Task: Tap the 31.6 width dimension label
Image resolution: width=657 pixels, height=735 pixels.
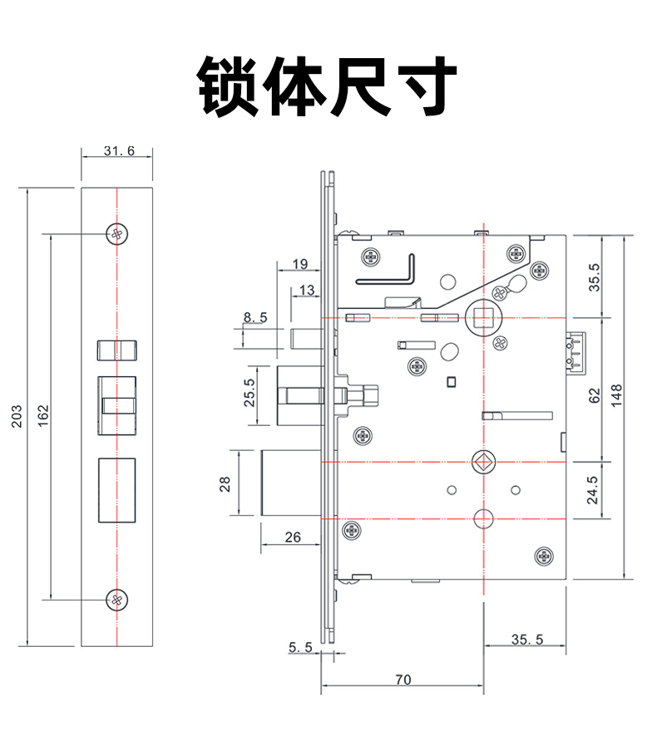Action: click(118, 150)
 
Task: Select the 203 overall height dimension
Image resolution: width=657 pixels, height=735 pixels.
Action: click(17, 416)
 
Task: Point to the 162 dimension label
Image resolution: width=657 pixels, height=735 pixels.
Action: click(42, 416)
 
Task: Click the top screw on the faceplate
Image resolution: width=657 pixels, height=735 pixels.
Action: click(118, 234)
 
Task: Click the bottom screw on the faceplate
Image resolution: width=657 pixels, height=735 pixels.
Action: click(118, 598)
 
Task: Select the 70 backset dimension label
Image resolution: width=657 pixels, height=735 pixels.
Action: click(403, 679)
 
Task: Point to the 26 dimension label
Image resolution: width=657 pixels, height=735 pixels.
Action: click(293, 537)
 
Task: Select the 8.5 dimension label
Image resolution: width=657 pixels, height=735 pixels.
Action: click(254, 316)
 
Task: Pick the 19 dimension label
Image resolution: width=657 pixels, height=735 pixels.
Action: click(300, 265)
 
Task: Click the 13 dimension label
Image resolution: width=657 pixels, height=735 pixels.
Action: click(306, 290)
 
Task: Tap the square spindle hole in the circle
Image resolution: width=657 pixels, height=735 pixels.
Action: click(482, 316)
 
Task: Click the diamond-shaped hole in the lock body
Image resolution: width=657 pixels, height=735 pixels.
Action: click(482, 461)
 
